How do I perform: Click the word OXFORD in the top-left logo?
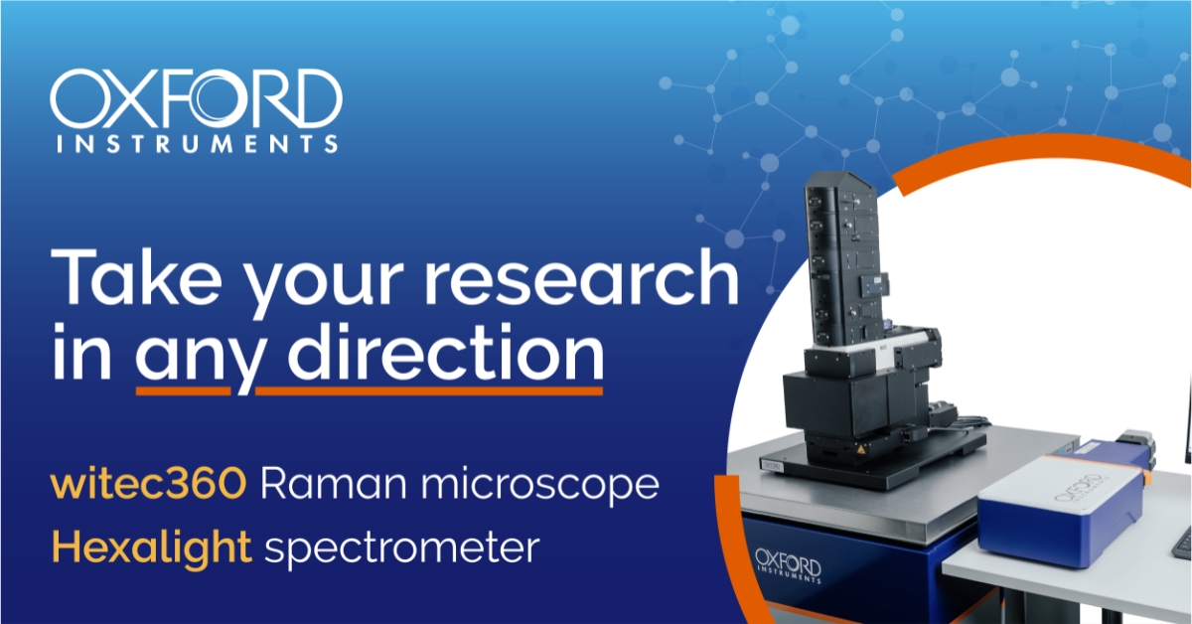[196, 98]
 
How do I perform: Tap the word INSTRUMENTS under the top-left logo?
[197, 144]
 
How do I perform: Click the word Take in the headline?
[136, 276]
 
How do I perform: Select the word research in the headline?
[581, 276]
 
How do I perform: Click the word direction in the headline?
[446, 351]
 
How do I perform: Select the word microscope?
[539, 486]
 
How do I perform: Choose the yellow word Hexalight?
[151, 547]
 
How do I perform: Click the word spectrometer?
[402, 548]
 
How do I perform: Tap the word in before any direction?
[81, 351]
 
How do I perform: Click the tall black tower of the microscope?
[846, 261]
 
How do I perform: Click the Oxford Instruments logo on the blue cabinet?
[788, 566]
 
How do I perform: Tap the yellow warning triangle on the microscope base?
[858, 449]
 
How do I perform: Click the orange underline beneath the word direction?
[429, 390]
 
